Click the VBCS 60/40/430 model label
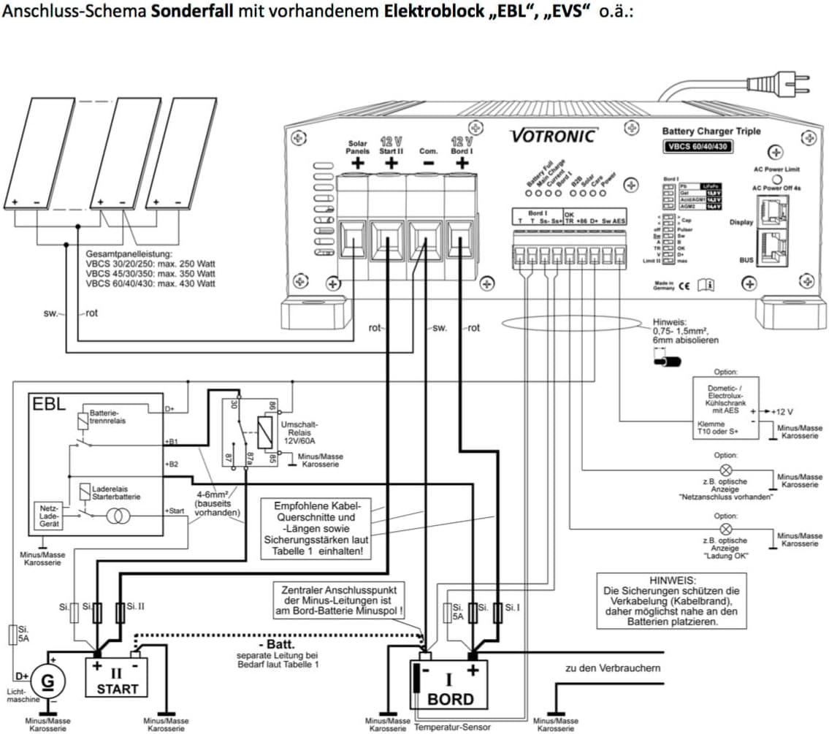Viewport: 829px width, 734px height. click(x=697, y=146)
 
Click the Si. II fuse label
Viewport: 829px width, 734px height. click(x=135, y=605)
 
